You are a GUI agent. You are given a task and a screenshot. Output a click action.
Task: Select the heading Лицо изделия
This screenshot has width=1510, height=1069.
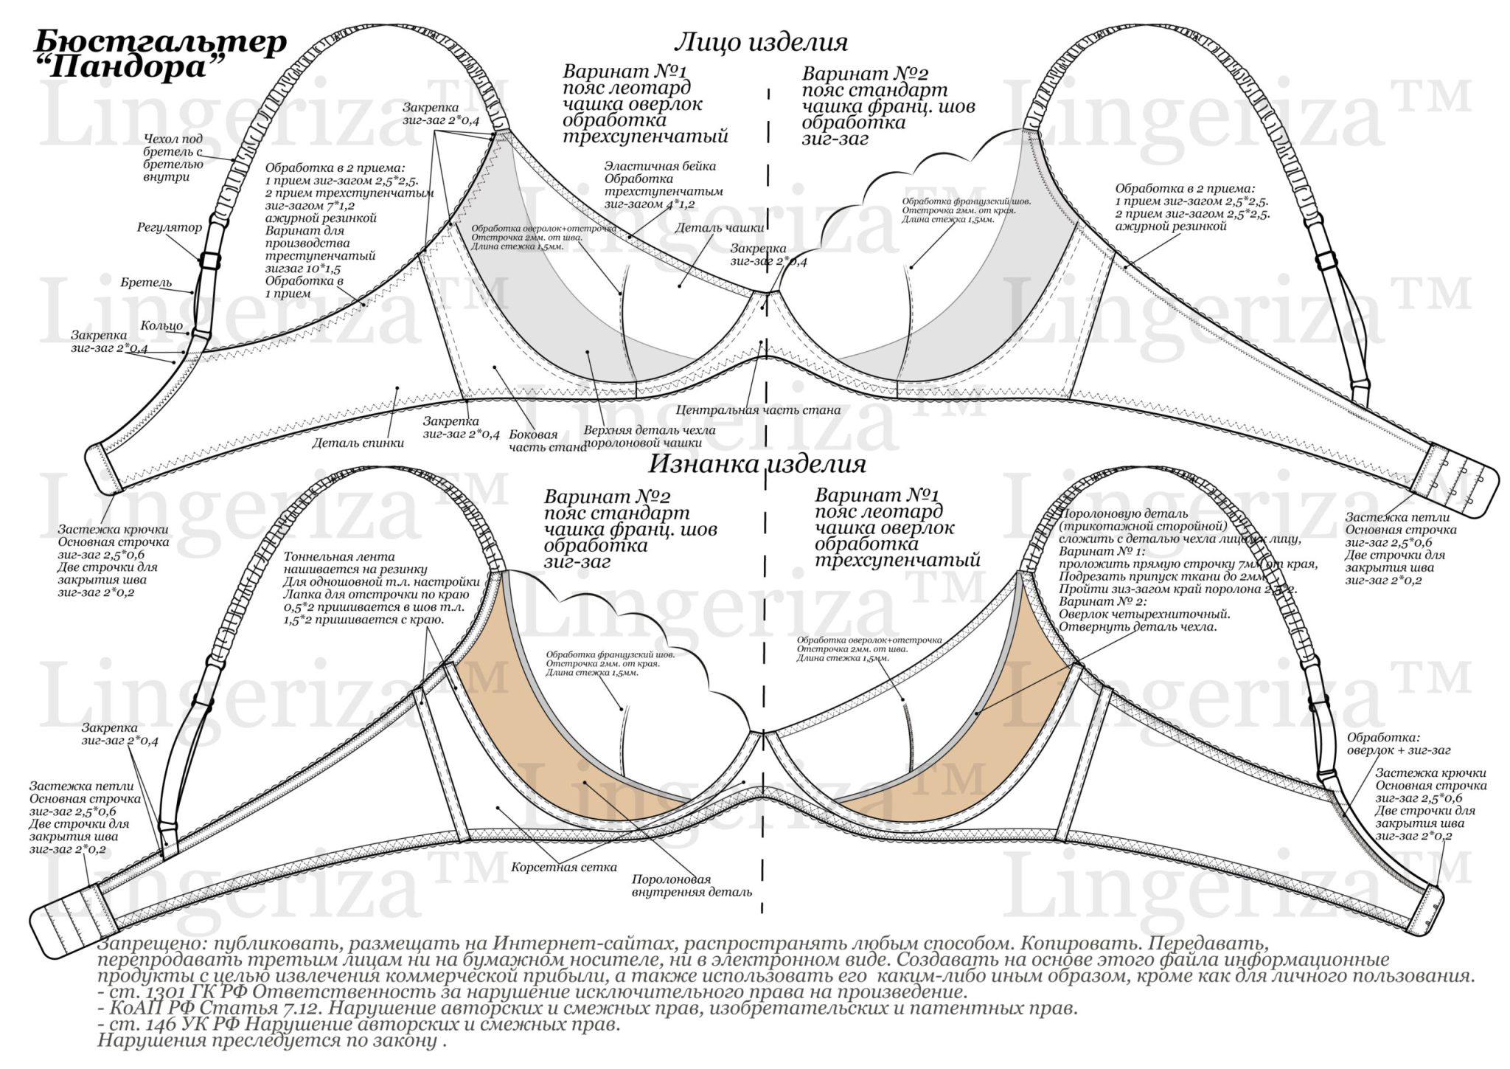point(761,42)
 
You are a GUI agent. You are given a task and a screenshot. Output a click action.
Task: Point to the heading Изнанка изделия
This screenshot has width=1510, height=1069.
point(757,464)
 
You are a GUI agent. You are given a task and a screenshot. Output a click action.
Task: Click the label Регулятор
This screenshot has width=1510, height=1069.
point(169,227)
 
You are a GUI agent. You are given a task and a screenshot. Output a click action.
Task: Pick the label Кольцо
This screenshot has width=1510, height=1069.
point(161,325)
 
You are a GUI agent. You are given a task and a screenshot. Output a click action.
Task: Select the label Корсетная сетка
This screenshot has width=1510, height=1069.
point(563,867)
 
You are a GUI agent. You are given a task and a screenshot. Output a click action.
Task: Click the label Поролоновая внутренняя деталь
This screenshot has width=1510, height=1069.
point(691,885)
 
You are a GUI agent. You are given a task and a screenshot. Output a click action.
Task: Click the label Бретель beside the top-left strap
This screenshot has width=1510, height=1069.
point(146,283)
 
